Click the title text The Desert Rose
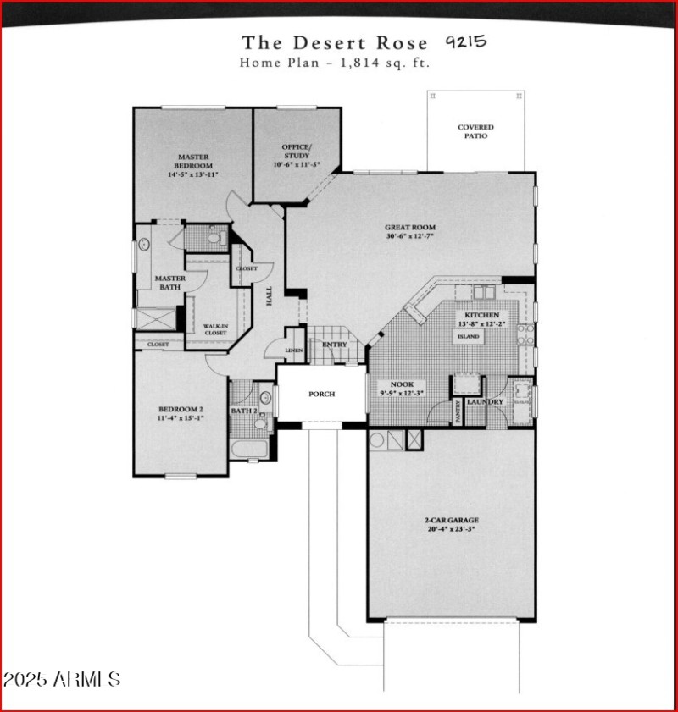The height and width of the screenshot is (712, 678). pyautogui.click(x=334, y=43)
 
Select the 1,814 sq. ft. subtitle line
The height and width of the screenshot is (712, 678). pyautogui.click(x=335, y=63)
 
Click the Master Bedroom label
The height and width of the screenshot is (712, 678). pyautogui.click(x=193, y=161)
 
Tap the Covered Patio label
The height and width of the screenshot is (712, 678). pyautogui.click(x=475, y=131)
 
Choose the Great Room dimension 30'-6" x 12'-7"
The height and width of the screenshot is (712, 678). pyautogui.click(x=410, y=237)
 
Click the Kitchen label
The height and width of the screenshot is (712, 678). pyautogui.click(x=481, y=314)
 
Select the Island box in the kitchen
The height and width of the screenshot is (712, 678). pyautogui.click(x=469, y=336)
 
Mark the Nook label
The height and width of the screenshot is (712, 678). pyautogui.click(x=402, y=384)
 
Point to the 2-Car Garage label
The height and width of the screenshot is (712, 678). pyautogui.click(x=453, y=520)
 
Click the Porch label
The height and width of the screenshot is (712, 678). pyautogui.click(x=321, y=394)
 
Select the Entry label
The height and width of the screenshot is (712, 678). pyautogui.click(x=334, y=345)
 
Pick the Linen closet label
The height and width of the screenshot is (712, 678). pyautogui.click(x=293, y=350)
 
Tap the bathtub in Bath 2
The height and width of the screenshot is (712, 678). pyautogui.click(x=249, y=450)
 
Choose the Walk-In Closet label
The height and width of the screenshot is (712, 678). pyautogui.click(x=214, y=329)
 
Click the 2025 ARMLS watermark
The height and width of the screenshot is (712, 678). pyautogui.click(x=62, y=680)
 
